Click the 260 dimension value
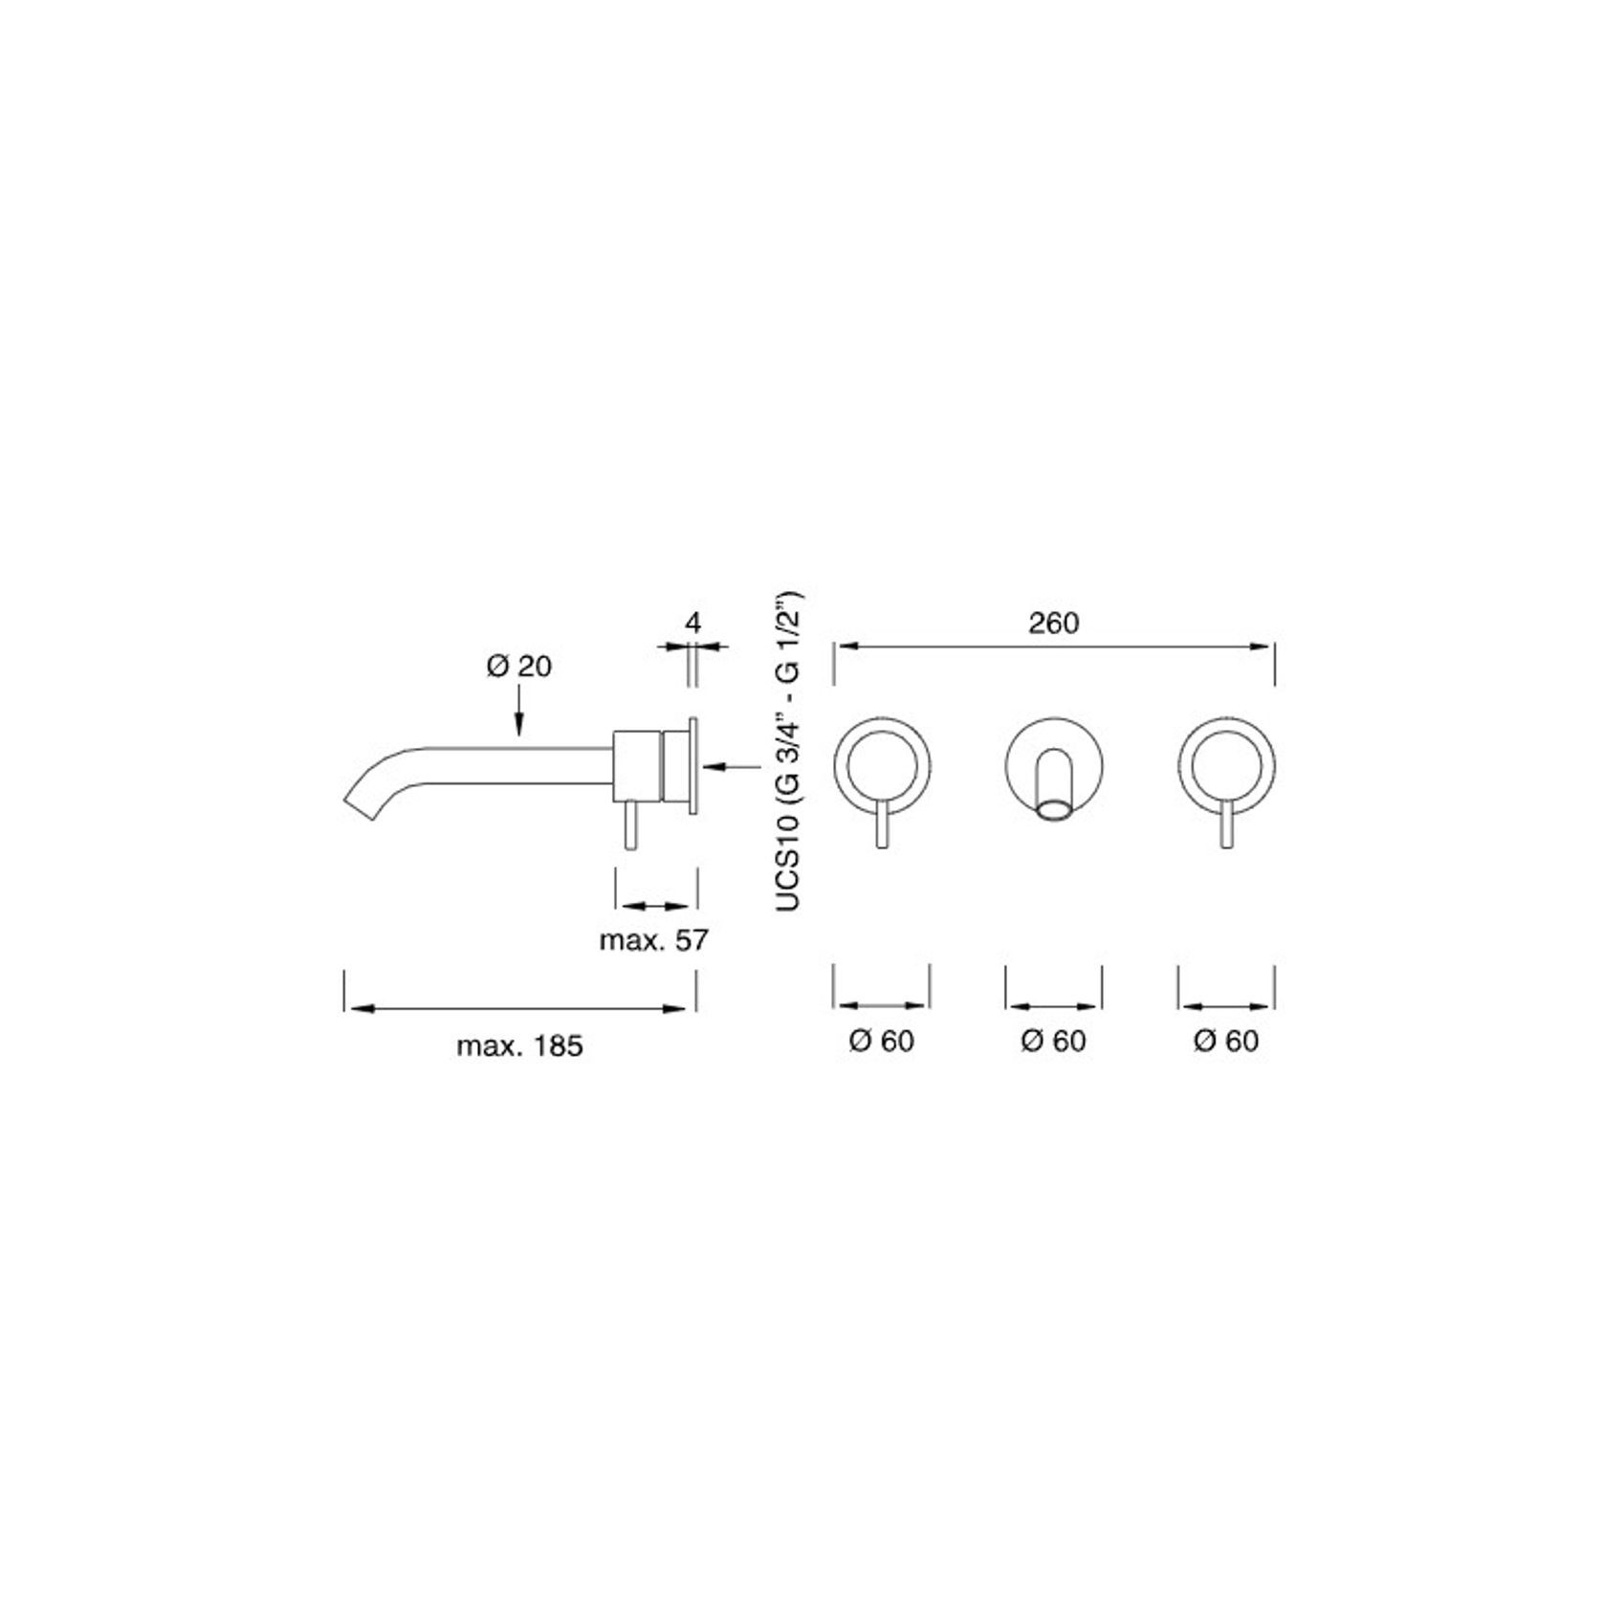click(1053, 624)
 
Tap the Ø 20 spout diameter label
click(518, 666)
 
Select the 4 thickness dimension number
click(692, 624)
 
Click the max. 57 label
click(653, 940)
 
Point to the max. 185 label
click(518, 1045)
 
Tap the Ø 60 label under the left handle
click(881, 1041)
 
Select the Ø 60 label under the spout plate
click(1053, 1041)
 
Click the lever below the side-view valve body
click(629, 825)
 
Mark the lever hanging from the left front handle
click(882, 825)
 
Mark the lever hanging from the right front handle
click(1226, 825)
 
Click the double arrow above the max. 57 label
click(654, 906)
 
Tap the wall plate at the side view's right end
click(692, 765)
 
